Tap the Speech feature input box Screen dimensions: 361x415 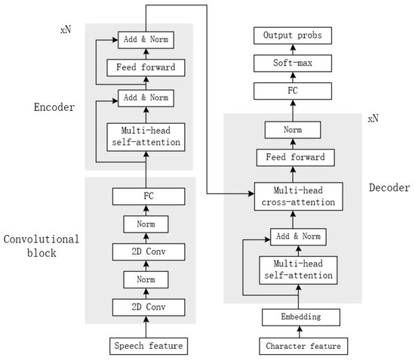pyautogui.click(x=148, y=347)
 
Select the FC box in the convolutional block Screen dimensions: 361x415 pyautogui.click(x=148, y=196)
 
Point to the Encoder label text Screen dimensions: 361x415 pyautogui.click(x=54, y=107)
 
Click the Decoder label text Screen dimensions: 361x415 pyautogui.click(x=389, y=187)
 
